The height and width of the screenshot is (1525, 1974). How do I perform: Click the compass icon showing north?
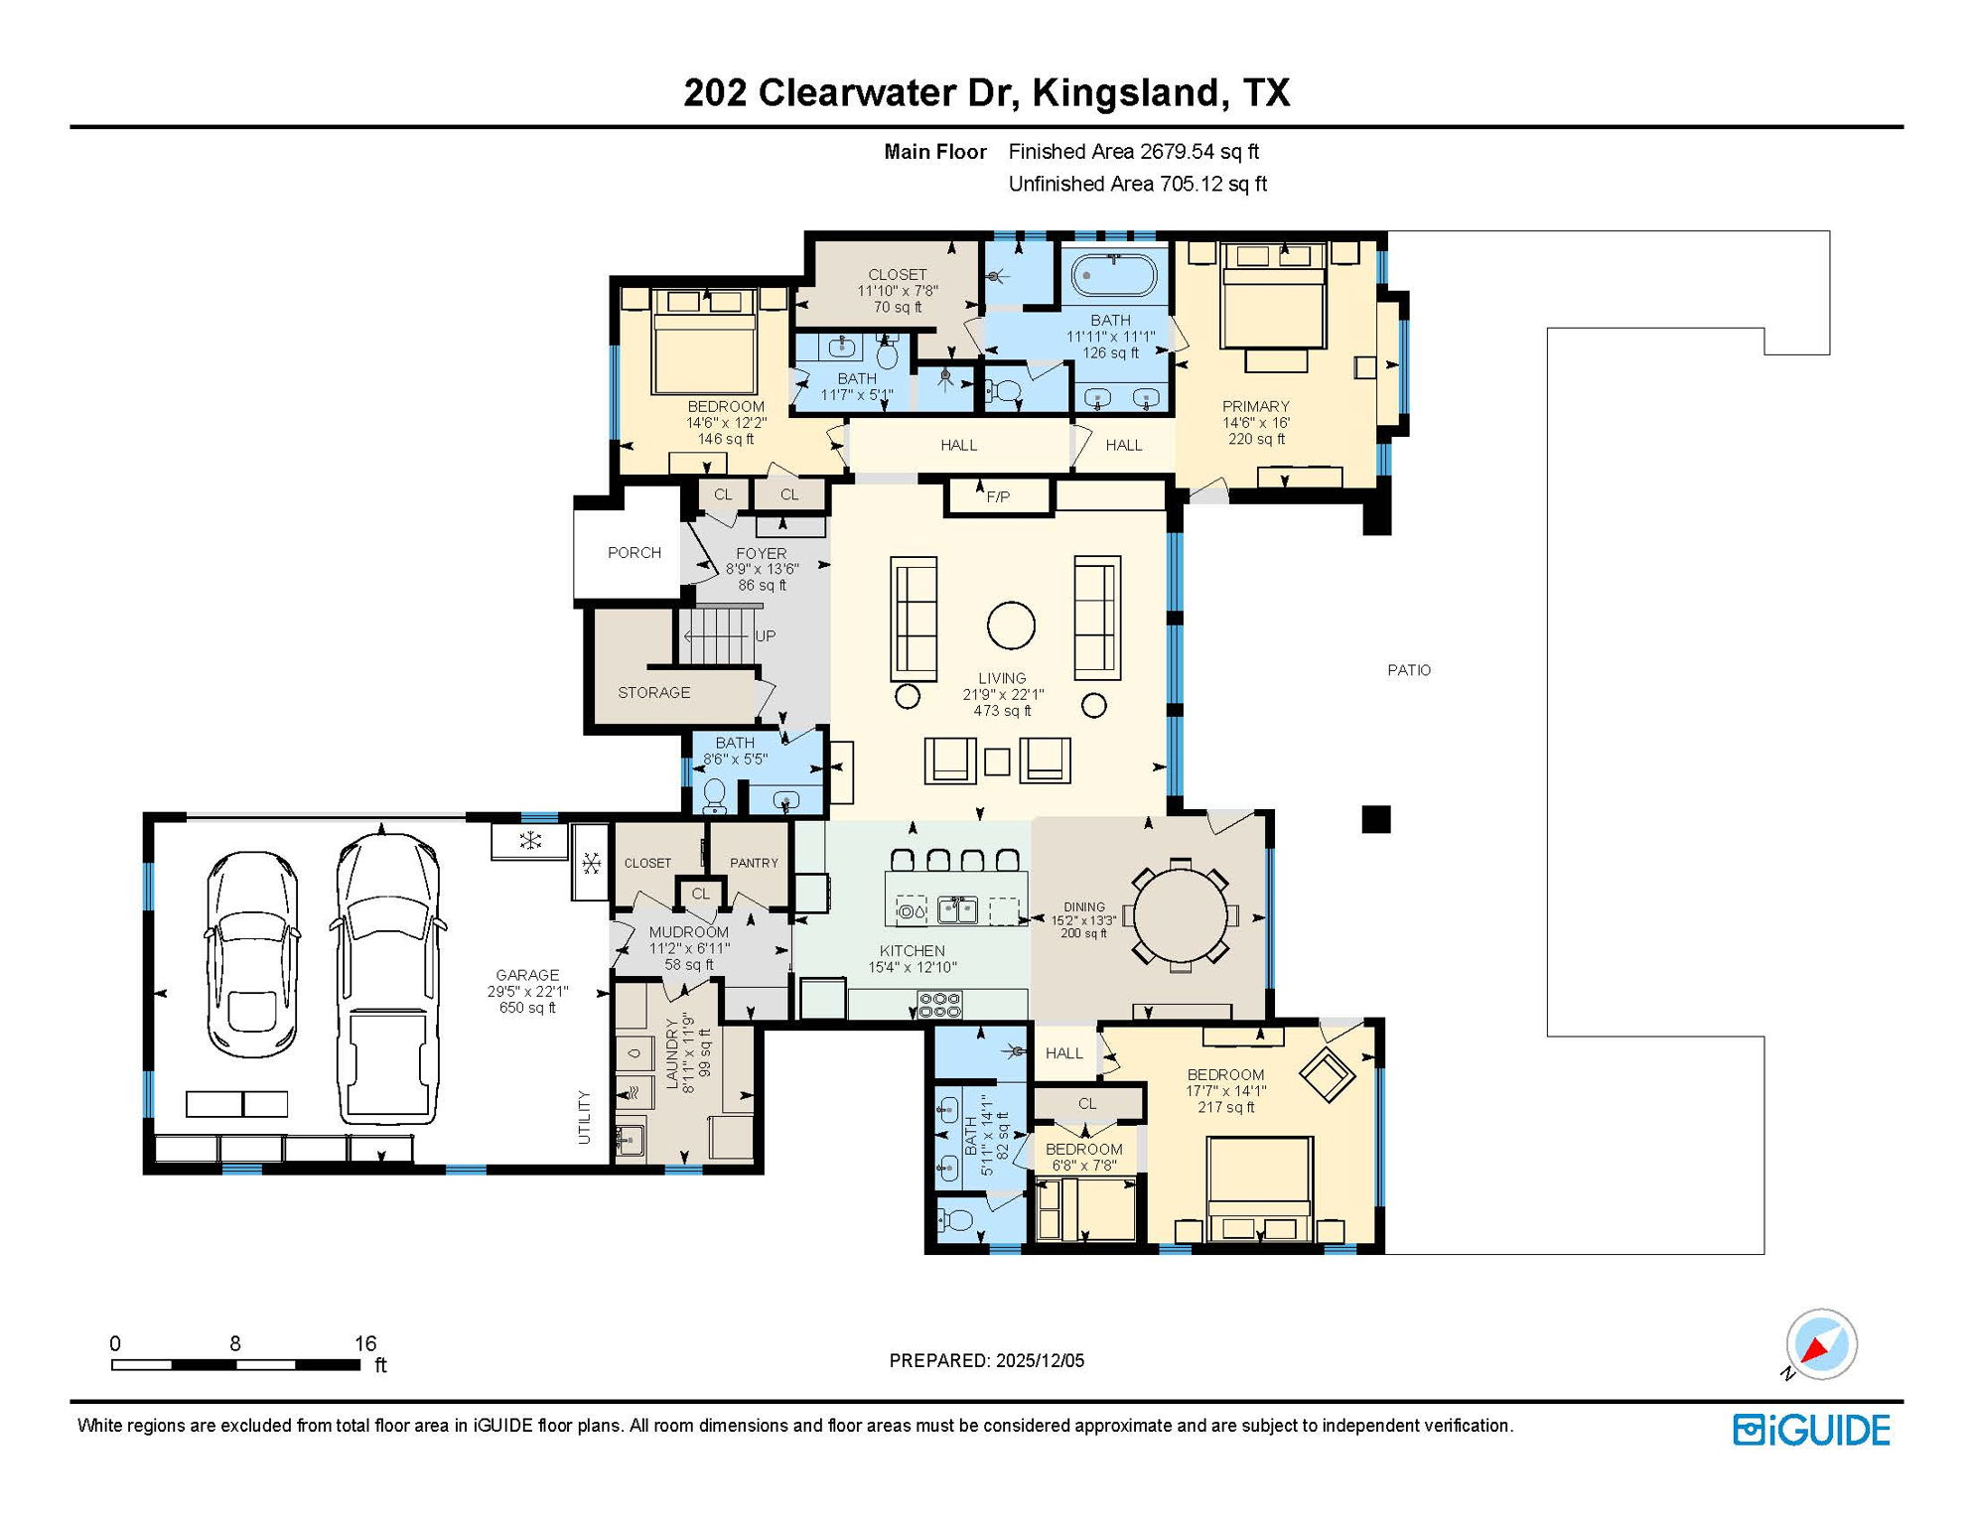point(1821,1344)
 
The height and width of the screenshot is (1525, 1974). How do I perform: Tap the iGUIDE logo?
point(1811,1430)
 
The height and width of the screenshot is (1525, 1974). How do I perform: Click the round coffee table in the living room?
point(1011,625)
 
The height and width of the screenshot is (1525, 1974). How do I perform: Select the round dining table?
point(1180,914)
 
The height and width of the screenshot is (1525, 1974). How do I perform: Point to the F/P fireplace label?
point(998,496)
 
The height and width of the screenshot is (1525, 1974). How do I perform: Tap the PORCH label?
point(634,553)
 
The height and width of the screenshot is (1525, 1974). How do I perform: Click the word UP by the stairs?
point(765,635)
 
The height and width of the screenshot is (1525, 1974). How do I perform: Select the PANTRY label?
point(754,863)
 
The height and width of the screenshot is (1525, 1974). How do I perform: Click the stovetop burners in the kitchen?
point(938,1004)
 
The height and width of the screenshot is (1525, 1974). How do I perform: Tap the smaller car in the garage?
point(252,953)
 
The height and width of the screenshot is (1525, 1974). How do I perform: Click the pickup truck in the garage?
point(387,978)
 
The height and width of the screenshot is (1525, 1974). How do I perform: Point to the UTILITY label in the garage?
point(584,1117)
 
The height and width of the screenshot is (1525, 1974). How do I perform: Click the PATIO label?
point(1408,670)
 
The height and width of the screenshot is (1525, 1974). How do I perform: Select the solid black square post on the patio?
point(1375,819)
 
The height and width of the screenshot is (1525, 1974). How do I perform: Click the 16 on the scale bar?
point(365,1343)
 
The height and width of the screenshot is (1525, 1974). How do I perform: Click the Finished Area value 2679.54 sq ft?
point(1198,152)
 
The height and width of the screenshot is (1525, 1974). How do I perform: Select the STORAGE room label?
point(653,692)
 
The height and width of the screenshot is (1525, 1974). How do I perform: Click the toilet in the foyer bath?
point(714,795)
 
